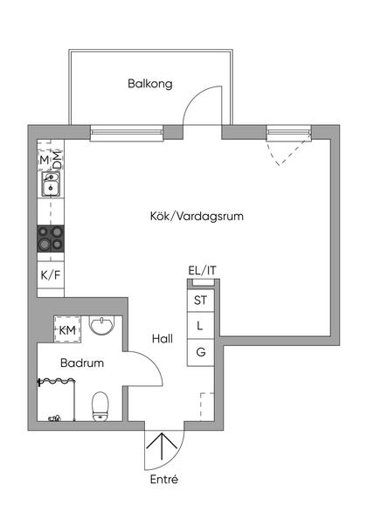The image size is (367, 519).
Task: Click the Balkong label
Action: coord(149,85)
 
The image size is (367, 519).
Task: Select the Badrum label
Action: coord(82,363)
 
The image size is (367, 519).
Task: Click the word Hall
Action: coord(163,339)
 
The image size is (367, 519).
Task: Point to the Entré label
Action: coord(164,480)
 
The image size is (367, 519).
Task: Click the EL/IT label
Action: coord(202,270)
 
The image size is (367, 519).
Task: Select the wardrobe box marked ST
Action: coord(201,301)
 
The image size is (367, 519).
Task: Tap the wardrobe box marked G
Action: coord(201,353)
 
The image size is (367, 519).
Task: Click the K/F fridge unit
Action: coord(50,274)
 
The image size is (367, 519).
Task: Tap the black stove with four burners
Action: coord(50,239)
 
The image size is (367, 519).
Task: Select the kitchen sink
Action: coord(50,184)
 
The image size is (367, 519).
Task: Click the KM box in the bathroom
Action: coord(67,329)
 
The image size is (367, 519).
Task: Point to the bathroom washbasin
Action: coord(101,327)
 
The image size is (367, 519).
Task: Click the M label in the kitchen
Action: coord(44,160)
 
